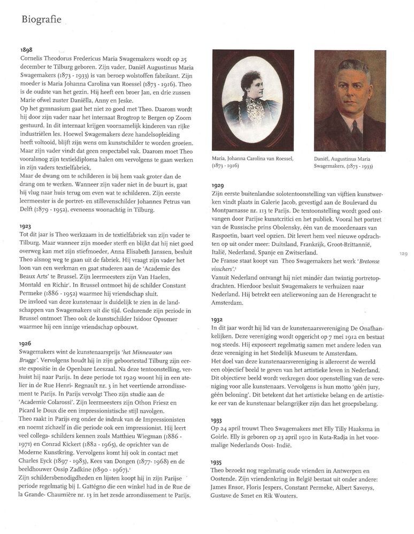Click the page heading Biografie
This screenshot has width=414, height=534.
[41, 20]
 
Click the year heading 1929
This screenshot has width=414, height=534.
[220, 185]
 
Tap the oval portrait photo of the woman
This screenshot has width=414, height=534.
[253, 99]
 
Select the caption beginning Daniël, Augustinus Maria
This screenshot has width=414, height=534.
[344, 162]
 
